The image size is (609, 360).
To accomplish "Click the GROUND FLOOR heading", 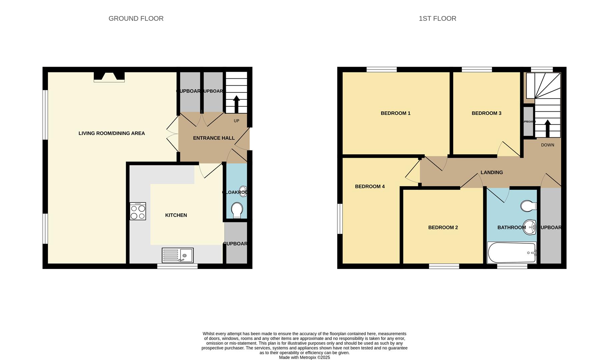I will [136, 19].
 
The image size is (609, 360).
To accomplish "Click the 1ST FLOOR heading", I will [437, 19].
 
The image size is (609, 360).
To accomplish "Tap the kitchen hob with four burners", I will [138, 211].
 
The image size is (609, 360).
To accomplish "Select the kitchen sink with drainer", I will [177, 255].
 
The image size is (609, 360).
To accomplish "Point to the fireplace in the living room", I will [109, 77].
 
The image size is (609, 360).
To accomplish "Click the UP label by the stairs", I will [236, 121].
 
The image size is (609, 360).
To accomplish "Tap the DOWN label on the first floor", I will [547, 145].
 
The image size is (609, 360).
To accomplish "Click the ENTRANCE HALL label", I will [214, 138].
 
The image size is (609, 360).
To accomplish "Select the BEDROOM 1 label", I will [396, 113].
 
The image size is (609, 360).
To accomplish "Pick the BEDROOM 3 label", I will [486, 113].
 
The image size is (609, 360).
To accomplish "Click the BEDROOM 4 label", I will [370, 187].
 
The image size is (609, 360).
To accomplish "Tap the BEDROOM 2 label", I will [443, 228].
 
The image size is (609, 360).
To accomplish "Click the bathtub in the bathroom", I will [512, 253].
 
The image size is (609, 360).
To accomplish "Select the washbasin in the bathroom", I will [529, 227].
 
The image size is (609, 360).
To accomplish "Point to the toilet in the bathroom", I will [528, 206].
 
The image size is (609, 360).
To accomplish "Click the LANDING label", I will [492, 173].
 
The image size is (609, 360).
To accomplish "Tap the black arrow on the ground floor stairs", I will [236, 104].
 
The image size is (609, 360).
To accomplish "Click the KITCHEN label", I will [176, 215].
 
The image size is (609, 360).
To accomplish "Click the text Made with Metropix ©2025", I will [304, 357].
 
